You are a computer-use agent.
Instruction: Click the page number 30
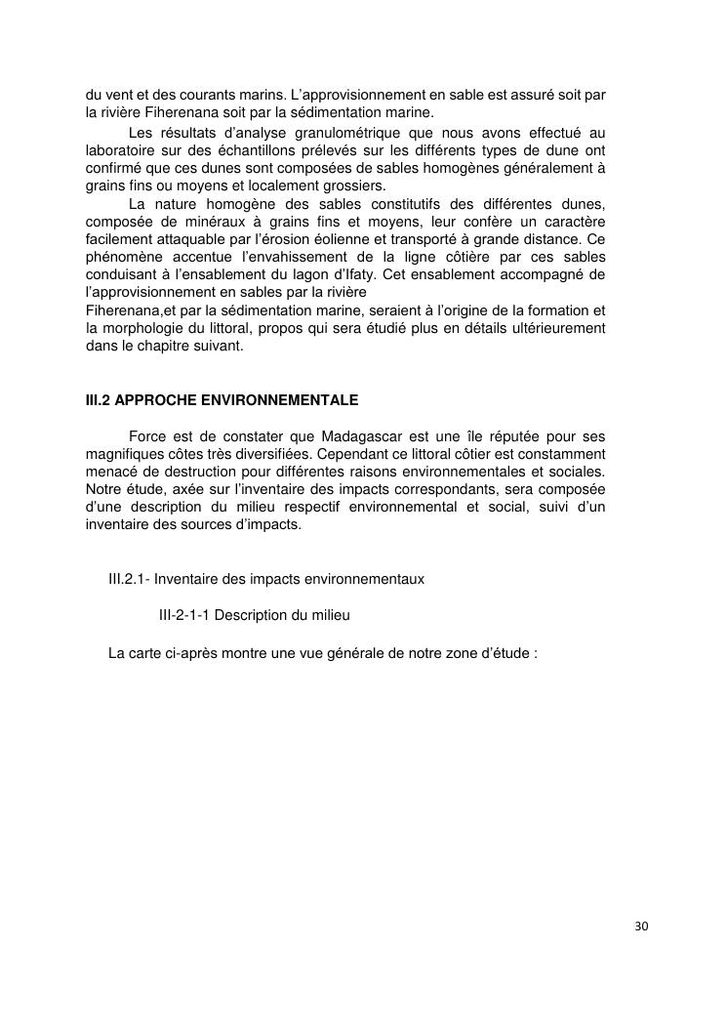(x=640, y=926)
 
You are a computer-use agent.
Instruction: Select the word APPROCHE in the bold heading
(x=153, y=400)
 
